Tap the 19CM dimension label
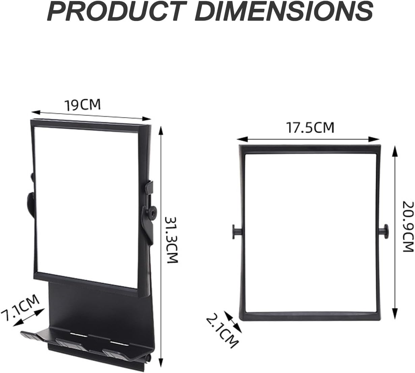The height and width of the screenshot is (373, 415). tap(83, 105)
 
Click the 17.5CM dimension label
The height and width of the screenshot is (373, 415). tap(310, 128)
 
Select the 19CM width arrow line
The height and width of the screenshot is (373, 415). tap(91, 115)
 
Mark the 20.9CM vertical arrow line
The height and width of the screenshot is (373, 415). tap(394, 233)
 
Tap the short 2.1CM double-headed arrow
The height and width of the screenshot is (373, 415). tap(233, 321)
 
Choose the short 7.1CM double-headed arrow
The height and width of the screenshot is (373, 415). tap(28, 317)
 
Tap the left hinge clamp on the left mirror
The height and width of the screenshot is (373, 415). tap(31, 203)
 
